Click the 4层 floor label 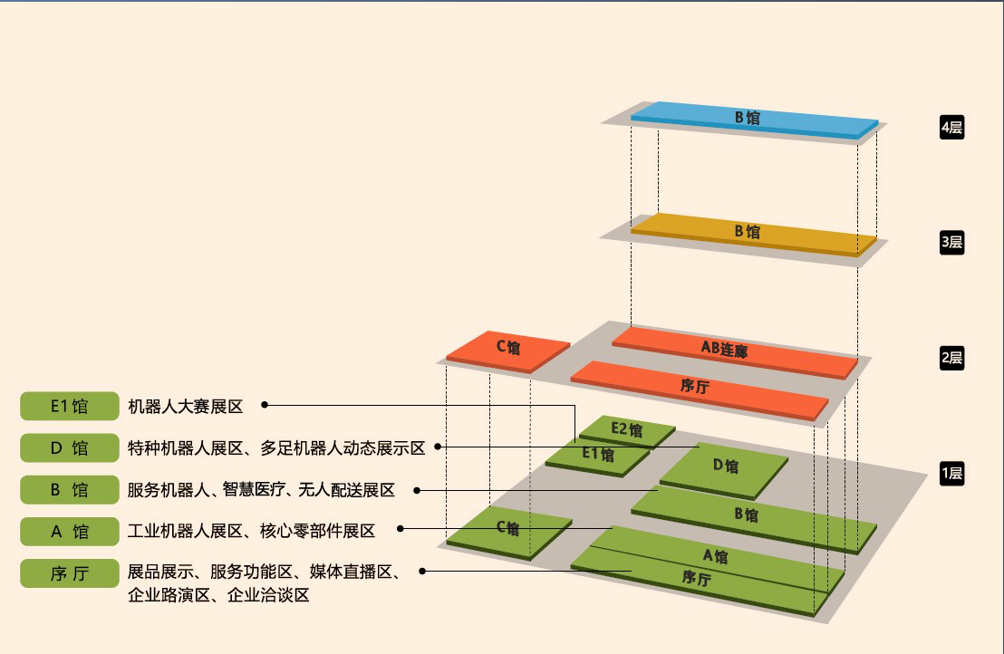(x=951, y=128)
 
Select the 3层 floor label (x=951, y=243)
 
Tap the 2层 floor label (x=951, y=358)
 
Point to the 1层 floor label (x=951, y=474)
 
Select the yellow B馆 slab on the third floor (x=754, y=234)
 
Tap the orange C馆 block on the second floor (x=508, y=351)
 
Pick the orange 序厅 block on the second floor (x=700, y=390)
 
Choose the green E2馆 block (x=627, y=430)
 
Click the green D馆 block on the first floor (x=724, y=470)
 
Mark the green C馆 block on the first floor (x=509, y=533)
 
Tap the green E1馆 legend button (x=69, y=407)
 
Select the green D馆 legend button (x=69, y=448)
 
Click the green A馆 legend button (x=69, y=532)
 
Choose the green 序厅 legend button (x=69, y=573)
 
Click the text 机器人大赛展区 (x=185, y=407)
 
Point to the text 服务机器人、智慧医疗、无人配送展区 (x=261, y=490)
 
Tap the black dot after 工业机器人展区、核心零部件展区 (x=401, y=529)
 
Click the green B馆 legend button (x=69, y=490)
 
